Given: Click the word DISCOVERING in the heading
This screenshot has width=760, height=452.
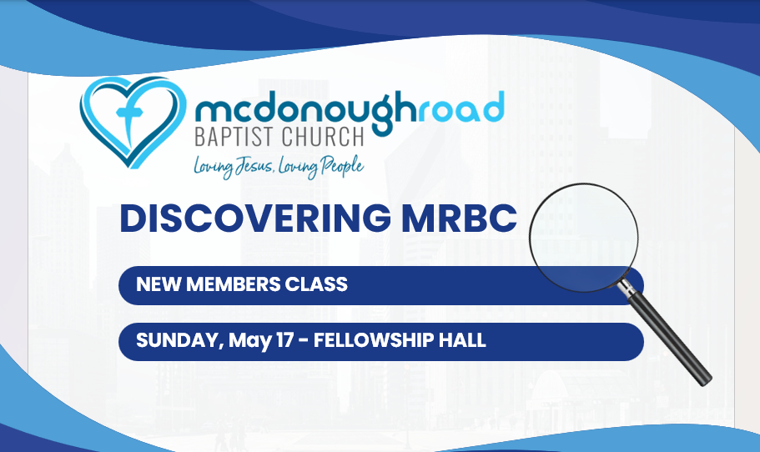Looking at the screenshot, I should [x=255, y=218].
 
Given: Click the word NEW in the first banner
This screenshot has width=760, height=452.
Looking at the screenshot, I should [x=155, y=284].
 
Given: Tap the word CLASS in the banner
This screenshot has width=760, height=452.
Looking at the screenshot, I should [x=319, y=284].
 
